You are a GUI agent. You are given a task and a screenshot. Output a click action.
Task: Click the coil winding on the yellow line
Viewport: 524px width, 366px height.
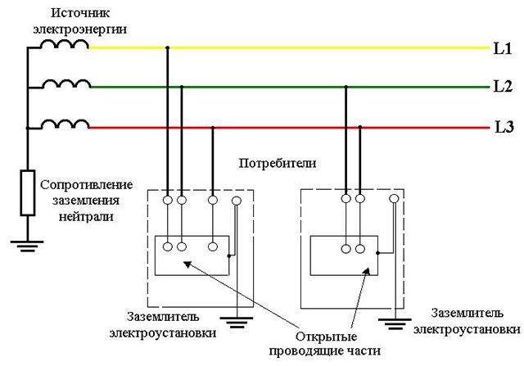tap(65, 43)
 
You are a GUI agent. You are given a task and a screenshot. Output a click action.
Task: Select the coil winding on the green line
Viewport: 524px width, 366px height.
tap(65, 82)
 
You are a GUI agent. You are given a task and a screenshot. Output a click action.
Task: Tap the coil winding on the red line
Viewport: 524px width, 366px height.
tap(65, 123)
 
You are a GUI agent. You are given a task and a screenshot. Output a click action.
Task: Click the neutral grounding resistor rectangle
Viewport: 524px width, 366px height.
tap(28, 193)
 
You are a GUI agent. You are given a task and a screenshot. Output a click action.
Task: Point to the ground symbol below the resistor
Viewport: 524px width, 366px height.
tap(28, 243)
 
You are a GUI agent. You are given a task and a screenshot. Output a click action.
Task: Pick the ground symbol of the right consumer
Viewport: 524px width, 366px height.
tap(394, 321)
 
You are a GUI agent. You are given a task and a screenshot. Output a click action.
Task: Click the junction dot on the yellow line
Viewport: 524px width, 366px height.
tap(168, 48)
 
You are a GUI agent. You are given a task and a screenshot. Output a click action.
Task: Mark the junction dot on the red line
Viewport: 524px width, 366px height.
tap(213, 127)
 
